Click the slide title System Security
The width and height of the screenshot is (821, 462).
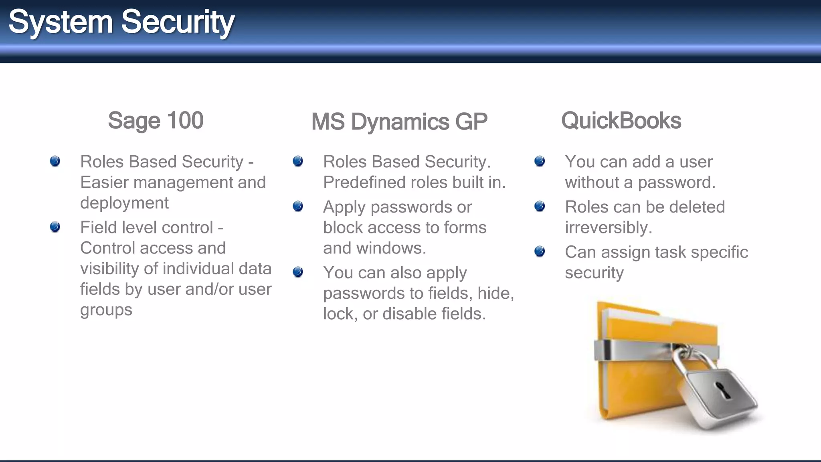[x=121, y=22]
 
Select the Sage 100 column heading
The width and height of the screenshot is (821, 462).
[x=156, y=120]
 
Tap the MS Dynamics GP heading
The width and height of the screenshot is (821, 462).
[x=399, y=122]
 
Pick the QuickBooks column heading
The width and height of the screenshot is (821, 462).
[x=621, y=121]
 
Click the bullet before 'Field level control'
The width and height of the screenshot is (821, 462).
[x=55, y=227]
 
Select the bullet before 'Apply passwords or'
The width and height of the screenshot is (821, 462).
[x=298, y=207]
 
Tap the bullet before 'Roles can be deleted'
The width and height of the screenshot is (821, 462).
[x=540, y=207]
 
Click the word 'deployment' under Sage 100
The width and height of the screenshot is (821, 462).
[x=124, y=203]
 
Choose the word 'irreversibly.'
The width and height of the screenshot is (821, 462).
[x=609, y=228]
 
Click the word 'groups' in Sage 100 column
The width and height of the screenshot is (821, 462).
[x=106, y=310]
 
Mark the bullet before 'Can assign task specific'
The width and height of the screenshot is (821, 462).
[x=540, y=252]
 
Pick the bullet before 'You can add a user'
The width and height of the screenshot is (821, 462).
[x=540, y=161]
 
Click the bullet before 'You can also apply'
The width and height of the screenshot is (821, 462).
[x=298, y=272]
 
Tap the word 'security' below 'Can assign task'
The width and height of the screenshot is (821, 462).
[x=594, y=273]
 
